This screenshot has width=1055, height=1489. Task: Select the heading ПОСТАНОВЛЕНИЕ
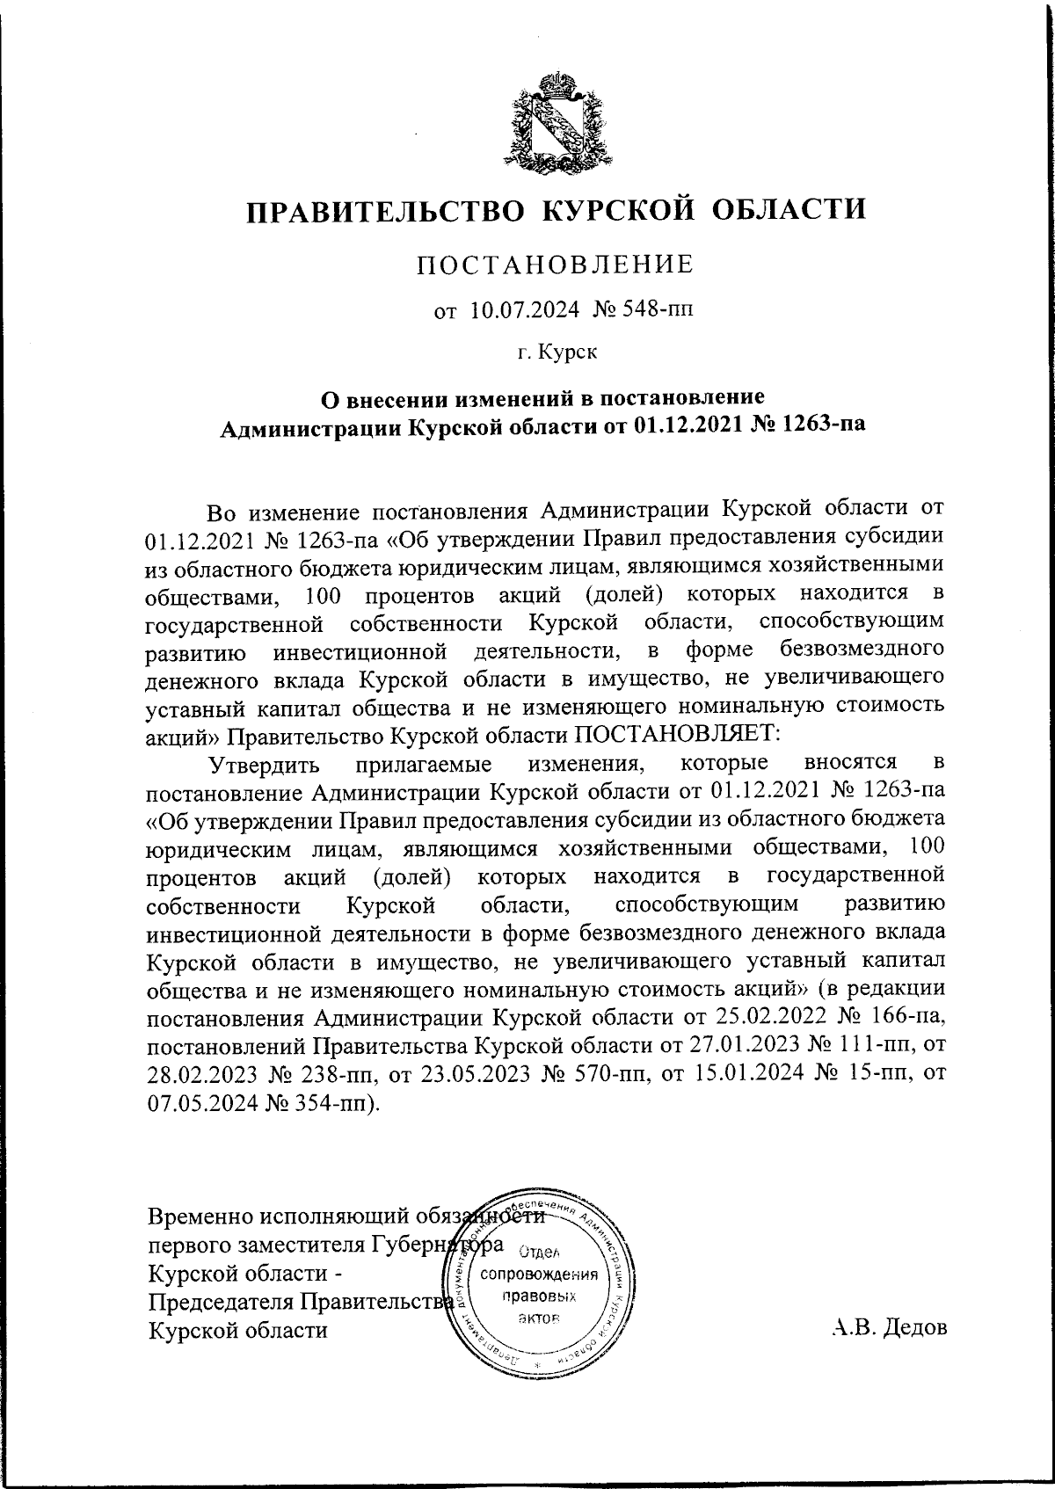(x=555, y=264)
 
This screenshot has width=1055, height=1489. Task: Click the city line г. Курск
(x=557, y=353)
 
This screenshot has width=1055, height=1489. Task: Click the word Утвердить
(x=269, y=763)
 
